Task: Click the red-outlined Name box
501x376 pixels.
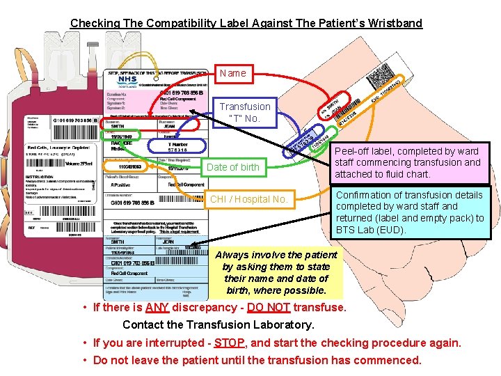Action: tap(232, 73)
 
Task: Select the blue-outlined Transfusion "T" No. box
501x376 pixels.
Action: tap(245, 112)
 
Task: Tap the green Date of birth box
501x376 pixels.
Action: tap(233, 167)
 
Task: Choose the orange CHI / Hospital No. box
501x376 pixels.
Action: tap(249, 199)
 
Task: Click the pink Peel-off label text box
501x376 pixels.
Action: tap(408, 162)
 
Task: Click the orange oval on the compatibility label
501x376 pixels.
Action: tap(125, 167)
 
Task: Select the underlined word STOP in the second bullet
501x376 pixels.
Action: tap(229, 343)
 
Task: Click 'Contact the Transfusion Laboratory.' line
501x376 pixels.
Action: tap(218, 324)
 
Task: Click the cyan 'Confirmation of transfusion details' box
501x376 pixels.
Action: tap(411, 212)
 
